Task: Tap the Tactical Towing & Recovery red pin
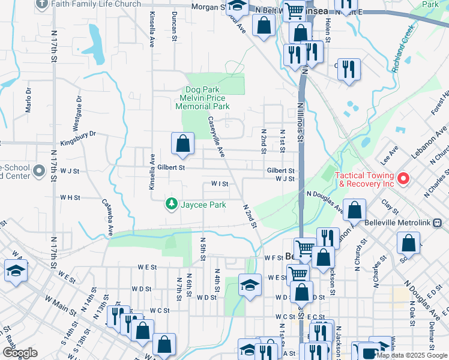click(x=403, y=178)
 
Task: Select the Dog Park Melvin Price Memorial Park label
click(x=202, y=98)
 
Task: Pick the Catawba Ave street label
click(x=108, y=217)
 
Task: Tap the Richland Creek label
click(x=403, y=49)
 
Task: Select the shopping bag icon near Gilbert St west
click(x=182, y=144)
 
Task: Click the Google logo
click(x=20, y=353)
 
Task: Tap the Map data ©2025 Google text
click(x=412, y=355)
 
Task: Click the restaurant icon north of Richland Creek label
click(x=348, y=70)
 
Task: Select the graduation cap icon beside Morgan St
click(x=238, y=7)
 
